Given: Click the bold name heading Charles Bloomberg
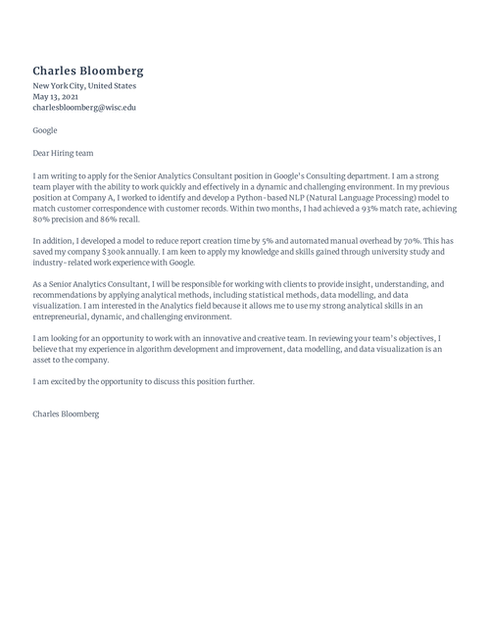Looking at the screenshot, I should pyautogui.click(x=88, y=71).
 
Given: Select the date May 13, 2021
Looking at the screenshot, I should pyautogui.click(x=55, y=97).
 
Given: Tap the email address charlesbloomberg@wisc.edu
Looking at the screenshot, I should pyautogui.click(x=84, y=108).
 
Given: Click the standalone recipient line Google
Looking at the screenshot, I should pyautogui.click(x=45, y=130).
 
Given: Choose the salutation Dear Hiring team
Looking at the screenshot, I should pyautogui.click(x=65, y=152).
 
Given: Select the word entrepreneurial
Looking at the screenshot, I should pyautogui.click(x=67, y=317).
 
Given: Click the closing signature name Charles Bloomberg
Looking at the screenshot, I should pyautogui.click(x=66, y=415).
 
